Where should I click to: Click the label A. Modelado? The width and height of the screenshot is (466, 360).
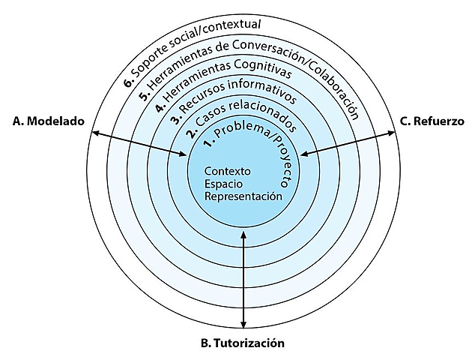pyautogui.click(x=49, y=120)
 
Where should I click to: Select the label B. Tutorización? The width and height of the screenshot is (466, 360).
pyautogui.click(x=243, y=343)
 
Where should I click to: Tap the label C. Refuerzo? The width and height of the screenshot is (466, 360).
pyautogui.click(x=431, y=120)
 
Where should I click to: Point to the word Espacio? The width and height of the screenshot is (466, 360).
pyautogui.click(x=223, y=184)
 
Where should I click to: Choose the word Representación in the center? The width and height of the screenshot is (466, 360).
pyautogui.click(x=243, y=196)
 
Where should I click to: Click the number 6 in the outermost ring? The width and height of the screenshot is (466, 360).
pyautogui.click(x=128, y=78)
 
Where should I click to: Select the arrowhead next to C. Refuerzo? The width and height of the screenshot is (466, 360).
pyautogui.click(x=393, y=133)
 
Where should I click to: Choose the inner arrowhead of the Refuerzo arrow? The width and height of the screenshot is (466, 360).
pyautogui.click(x=302, y=155)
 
